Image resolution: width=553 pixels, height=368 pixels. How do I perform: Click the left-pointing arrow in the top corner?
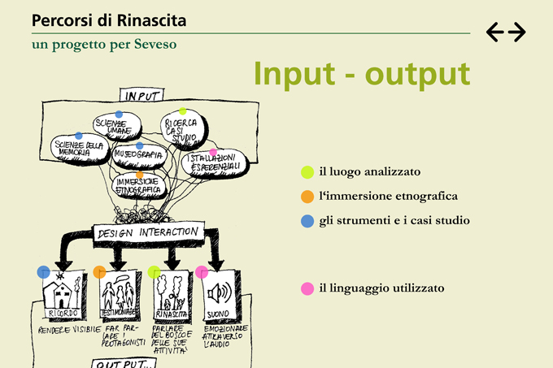(495, 32)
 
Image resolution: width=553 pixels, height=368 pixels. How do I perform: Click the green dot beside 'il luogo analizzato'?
(307, 172)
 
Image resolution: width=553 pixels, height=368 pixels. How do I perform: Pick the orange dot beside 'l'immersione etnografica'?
(307, 197)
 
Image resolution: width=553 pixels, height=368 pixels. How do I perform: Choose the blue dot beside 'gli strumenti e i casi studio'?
(307, 221)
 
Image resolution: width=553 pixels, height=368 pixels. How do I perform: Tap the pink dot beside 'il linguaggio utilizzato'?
(307, 288)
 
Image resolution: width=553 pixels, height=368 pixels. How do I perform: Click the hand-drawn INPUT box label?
(142, 96)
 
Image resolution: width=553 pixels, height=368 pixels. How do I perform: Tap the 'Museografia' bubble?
(139, 154)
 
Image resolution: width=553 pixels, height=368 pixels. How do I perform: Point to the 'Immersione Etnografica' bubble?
(139, 186)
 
